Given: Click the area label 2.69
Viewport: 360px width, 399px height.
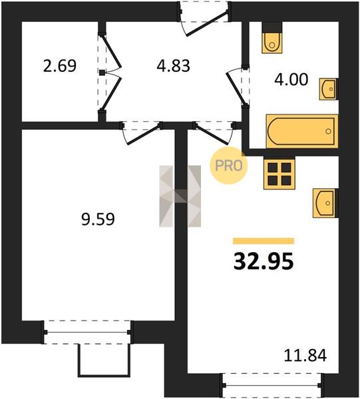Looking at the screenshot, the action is tap(60, 66).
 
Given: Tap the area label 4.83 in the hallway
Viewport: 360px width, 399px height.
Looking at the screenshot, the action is tap(174, 66).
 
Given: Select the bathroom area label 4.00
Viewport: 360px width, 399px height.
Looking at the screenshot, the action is tap(291, 79).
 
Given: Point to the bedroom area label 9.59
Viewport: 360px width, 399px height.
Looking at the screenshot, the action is tap(98, 219).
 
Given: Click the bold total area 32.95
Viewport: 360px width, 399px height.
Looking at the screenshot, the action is tap(264, 262).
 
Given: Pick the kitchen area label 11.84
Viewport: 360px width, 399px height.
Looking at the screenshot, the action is tap(305, 356).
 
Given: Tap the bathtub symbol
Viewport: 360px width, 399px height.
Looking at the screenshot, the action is tap(302, 131).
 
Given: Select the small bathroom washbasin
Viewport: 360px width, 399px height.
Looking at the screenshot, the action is tap(329, 89).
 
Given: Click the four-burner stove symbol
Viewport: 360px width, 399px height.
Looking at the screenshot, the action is tap(279, 174).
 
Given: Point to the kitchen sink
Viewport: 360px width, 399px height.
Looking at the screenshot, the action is tap(325, 203).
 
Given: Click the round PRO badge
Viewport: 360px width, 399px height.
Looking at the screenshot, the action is tap(228, 166).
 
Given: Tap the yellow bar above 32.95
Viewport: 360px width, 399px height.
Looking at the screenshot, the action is tap(264, 241).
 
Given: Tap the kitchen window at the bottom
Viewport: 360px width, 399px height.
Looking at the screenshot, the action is tap(272, 386).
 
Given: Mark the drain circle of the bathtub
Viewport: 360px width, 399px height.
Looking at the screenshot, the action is tap(329, 131).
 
